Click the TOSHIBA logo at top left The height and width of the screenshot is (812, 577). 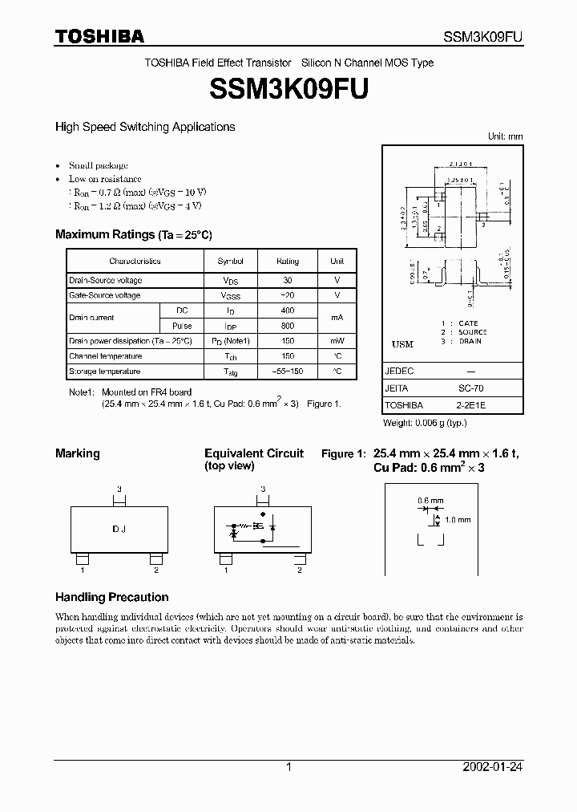(x=99, y=36)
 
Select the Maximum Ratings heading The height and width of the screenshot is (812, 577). (x=133, y=234)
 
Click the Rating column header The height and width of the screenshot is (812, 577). (x=288, y=262)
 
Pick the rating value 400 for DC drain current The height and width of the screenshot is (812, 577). (x=288, y=311)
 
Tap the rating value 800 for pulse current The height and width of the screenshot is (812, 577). (x=288, y=326)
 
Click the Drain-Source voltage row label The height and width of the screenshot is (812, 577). (x=106, y=280)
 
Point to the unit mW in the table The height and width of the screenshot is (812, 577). (x=337, y=341)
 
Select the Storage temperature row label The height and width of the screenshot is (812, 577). (x=105, y=371)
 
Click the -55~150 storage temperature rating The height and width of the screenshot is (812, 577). (x=288, y=371)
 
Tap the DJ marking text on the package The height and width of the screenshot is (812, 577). (x=119, y=530)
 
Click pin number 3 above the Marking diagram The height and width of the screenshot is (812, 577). (x=119, y=489)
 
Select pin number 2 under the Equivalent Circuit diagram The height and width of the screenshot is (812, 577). (x=299, y=570)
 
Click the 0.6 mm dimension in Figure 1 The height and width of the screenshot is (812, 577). (x=430, y=501)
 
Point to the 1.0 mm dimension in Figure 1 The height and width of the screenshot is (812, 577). (x=458, y=520)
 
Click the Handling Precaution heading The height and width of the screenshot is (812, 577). (x=111, y=597)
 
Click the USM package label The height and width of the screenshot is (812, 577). (x=402, y=344)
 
